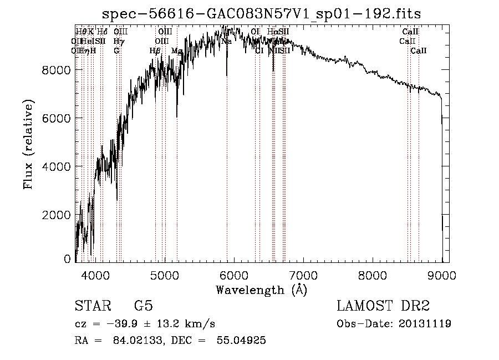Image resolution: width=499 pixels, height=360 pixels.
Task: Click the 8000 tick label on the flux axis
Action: point(57,70)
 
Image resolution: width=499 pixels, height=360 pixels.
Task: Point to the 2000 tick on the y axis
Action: point(57,215)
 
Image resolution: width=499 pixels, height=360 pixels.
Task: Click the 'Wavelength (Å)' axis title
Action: point(261,290)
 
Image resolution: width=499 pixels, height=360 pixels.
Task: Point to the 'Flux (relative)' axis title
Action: point(28,144)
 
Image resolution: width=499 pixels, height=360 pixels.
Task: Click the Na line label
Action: point(226,42)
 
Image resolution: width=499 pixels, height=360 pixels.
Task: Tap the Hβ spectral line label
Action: point(155,50)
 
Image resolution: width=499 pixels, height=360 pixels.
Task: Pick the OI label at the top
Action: point(255,32)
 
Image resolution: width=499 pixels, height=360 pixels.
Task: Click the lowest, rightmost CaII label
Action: point(419,50)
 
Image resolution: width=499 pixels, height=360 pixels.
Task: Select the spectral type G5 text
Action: point(143,306)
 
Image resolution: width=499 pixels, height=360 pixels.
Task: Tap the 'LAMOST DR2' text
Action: point(383,306)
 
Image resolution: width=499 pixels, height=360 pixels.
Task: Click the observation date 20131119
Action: point(424,323)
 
